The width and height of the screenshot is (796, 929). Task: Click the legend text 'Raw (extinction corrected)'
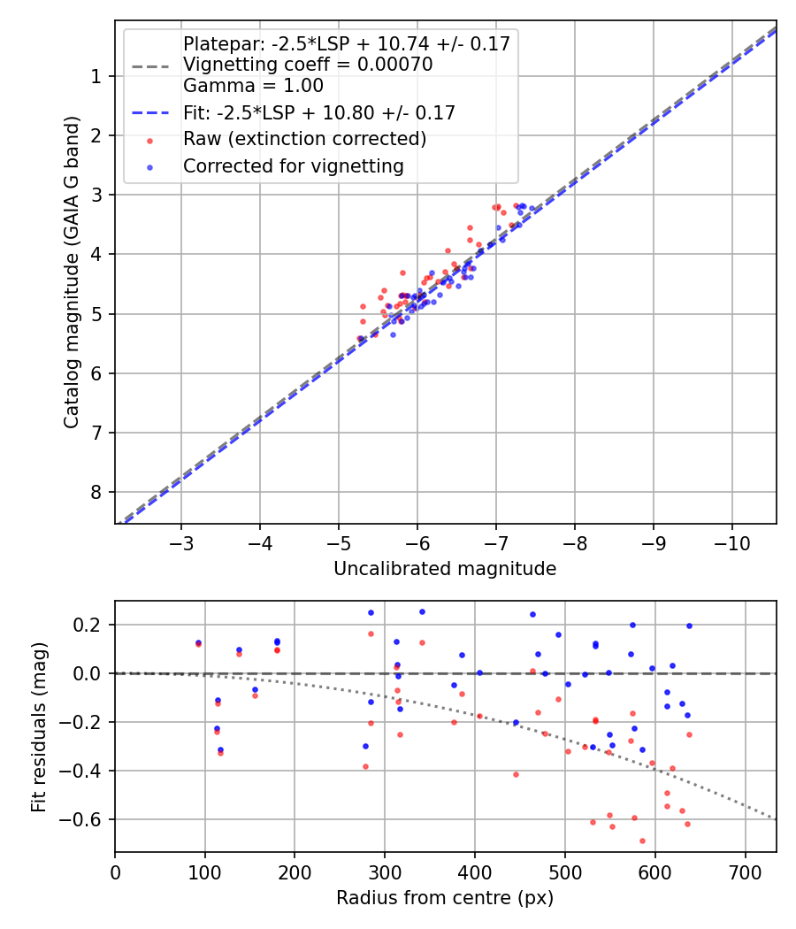point(304,139)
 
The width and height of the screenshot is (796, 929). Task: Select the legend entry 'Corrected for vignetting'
point(293,165)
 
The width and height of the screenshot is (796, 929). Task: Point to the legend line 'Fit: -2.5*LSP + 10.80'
point(318,113)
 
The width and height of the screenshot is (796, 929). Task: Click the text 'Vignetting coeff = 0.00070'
point(307,65)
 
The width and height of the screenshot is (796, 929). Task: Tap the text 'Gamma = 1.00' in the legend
point(253,86)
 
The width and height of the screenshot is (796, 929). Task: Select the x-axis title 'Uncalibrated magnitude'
point(445,569)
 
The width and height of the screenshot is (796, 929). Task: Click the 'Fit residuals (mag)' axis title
point(38,726)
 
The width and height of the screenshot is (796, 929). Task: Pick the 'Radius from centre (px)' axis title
point(445,897)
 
